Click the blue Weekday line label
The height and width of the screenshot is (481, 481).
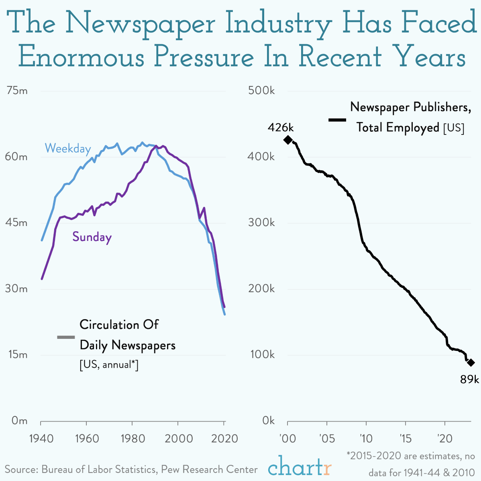pos(67,149)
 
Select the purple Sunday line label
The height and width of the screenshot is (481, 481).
pos(92,237)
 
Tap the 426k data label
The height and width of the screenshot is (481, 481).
pos(281,128)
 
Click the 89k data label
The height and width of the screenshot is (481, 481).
pos(469,379)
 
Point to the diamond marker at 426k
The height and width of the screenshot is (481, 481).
pos(288,140)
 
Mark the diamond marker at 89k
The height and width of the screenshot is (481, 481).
pos(471,363)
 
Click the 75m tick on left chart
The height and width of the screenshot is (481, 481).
pos(17,91)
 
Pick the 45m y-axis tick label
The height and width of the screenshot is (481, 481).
pos(17,223)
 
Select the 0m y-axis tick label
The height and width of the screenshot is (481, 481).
pos(19,421)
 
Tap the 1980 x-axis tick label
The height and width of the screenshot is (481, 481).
pos(132,438)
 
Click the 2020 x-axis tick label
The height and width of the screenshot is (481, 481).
pos(224,438)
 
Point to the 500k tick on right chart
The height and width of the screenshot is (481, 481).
pos(261,91)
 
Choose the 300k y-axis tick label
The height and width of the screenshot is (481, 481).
pos(261,223)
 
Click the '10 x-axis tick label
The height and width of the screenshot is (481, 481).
pos(366,438)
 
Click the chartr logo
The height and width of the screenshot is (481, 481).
pos(300,467)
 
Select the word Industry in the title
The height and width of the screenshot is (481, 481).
pos(278,24)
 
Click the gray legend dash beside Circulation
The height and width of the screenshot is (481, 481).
pos(66,337)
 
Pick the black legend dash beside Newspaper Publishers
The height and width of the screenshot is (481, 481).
pos(337,120)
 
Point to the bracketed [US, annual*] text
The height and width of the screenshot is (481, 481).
pos(109,365)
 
